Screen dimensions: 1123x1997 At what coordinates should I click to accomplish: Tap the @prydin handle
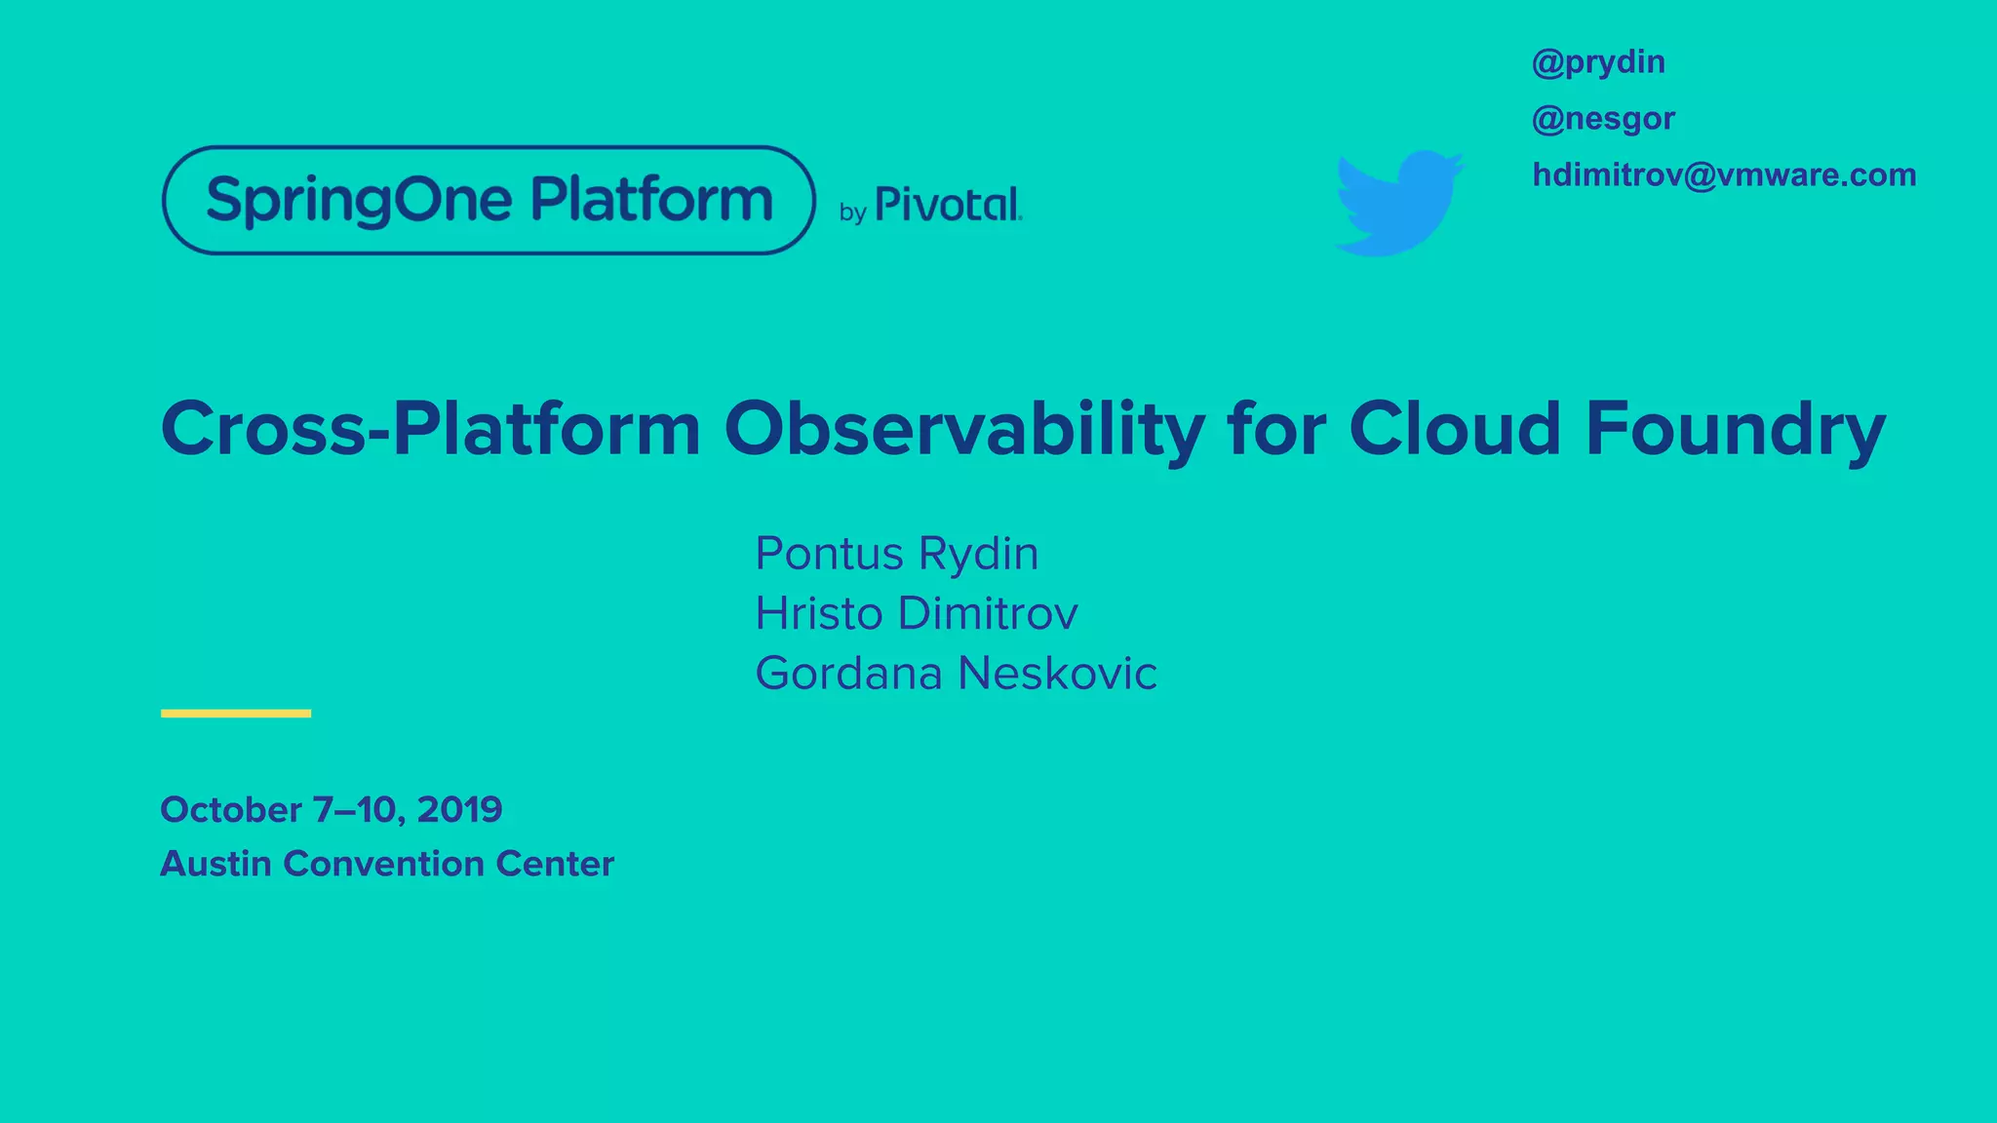(x=1598, y=62)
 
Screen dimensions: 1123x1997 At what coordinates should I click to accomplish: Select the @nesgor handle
(x=1603, y=119)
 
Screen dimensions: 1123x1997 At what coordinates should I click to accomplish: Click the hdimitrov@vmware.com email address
(x=1724, y=174)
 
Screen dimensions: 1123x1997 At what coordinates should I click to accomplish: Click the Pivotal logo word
(x=948, y=205)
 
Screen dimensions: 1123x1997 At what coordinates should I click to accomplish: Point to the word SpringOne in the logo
(x=359, y=201)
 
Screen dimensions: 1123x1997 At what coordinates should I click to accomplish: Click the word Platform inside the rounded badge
(x=651, y=200)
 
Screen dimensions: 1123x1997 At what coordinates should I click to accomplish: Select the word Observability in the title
(x=963, y=430)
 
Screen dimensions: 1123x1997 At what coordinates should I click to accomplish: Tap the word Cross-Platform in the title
(x=430, y=430)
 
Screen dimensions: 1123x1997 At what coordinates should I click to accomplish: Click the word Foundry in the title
(x=1735, y=430)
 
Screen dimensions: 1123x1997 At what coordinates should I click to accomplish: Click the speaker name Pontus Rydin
(x=896, y=554)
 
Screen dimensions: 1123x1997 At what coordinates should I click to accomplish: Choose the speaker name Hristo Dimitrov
(x=916, y=613)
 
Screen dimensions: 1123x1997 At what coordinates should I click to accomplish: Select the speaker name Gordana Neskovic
(x=956, y=674)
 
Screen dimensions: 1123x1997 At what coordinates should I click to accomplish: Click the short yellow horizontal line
(x=236, y=714)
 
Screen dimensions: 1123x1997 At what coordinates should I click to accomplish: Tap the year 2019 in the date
(x=459, y=810)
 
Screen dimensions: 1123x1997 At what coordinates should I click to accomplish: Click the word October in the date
(x=231, y=810)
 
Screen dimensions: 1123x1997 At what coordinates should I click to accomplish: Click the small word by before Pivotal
(x=852, y=213)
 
